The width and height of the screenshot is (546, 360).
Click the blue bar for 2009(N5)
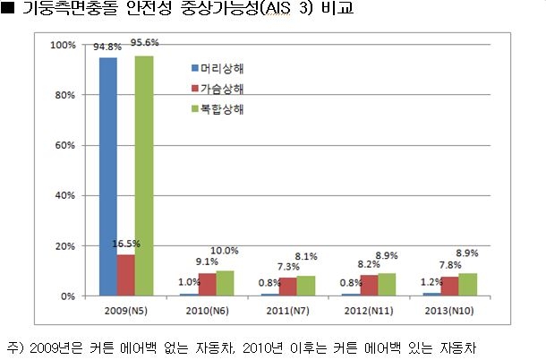(108, 176)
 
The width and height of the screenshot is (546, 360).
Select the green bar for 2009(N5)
(144, 176)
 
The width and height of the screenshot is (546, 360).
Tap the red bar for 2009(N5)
(126, 275)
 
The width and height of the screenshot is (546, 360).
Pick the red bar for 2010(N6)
(207, 284)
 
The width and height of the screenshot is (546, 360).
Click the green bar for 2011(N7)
(305, 286)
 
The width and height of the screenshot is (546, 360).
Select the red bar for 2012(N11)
(370, 285)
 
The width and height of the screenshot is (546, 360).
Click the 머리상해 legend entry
(223, 68)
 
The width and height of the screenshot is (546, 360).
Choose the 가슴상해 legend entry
(223, 89)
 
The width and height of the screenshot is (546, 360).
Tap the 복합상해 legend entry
(223, 109)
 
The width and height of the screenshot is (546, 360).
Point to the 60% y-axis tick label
(65, 145)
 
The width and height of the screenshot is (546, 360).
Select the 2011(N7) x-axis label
(287, 310)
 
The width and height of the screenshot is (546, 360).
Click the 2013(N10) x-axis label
(450, 310)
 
